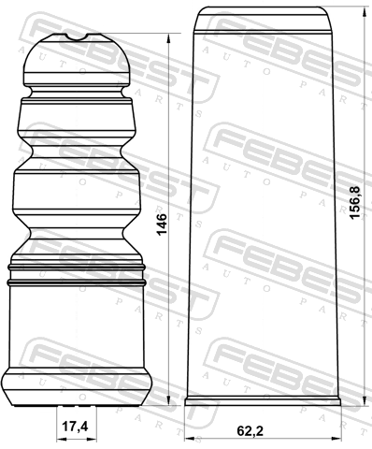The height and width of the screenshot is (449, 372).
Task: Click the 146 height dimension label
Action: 162,224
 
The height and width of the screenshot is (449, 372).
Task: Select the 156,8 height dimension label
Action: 354,203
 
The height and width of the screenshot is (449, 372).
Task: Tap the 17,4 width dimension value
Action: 75,427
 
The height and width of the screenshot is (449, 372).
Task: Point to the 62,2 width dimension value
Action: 250,431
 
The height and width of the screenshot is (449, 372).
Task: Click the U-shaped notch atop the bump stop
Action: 78,37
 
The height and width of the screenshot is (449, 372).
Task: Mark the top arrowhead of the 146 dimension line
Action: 168,38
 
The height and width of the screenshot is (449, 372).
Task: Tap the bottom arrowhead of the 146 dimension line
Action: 168,400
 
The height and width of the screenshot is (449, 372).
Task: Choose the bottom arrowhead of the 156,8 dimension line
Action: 365,400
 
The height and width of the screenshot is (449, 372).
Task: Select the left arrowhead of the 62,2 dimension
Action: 190,439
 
